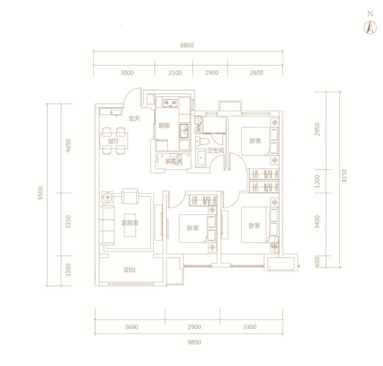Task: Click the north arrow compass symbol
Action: coord(370,28)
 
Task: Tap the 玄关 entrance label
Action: coord(134,119)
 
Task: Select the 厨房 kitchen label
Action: coord(164,126)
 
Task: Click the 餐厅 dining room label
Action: coord(114,141)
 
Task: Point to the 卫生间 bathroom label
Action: coord(215,150)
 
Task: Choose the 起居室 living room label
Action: coord(130,223)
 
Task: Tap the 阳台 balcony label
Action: coord(130,270)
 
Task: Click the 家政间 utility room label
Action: coord(174,162)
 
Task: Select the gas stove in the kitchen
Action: coord(170,102)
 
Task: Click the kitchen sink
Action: coord(184,132)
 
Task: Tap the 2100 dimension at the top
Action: coord(175,72)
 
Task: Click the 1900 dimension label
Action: coord(211,72)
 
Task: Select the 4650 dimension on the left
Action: coord(68,146)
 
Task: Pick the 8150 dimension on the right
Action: coord(344,175)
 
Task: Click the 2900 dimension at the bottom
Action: coord(195,327)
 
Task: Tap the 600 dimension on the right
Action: coord(317,262)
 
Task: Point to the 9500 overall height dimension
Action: coord(40,193)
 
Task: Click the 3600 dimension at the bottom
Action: coord(131,327)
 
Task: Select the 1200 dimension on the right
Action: coord(317,181)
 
